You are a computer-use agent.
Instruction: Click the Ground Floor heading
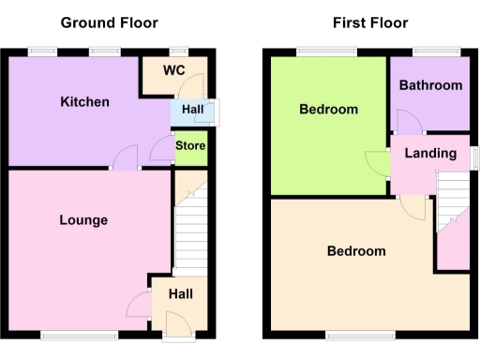(110, 22)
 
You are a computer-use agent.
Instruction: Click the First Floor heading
(369, 22)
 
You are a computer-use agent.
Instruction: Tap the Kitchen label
(84, 102)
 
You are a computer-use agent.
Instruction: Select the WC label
(173, 71)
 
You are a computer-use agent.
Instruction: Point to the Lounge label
(83, 220)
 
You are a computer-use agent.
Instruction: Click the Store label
(190, 146)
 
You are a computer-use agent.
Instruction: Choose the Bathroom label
(430, 85)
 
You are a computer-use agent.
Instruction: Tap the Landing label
(430, 153)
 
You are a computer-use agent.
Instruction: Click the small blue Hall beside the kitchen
(193, 111)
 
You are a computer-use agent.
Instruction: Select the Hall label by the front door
(181, 294)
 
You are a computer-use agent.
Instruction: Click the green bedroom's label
(328, 110)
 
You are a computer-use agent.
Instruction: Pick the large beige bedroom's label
(356, 251)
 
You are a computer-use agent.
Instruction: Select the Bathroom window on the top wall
(430, 52)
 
